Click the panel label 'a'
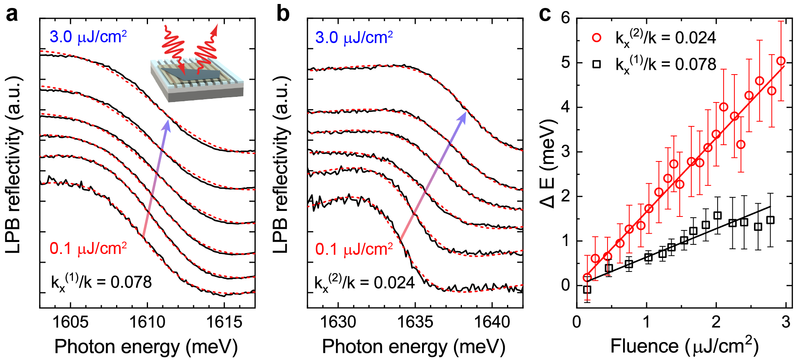click(12, 15)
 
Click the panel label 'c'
click(545, 15)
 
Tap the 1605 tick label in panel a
click(71, 322)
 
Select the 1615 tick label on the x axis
click(224, 322)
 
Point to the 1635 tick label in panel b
click(415, 322)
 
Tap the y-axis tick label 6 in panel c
click(565, 18)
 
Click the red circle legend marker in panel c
click(597, 37)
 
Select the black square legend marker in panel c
click(597, 64)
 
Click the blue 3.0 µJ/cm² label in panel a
click(88, 37)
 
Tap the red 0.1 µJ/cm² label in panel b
click(354, 249)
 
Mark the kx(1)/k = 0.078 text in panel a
click(101, 283)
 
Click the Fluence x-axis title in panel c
click(684, 346)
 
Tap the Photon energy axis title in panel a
click(146, 347)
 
